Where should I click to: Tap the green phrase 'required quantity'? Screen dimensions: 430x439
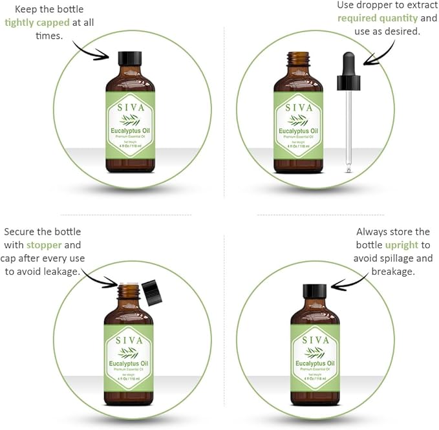pos(378,18)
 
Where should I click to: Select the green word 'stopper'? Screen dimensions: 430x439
pos(44,245)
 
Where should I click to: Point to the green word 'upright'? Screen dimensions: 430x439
pos(402,245)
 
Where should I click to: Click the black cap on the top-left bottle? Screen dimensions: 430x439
pos(130,58)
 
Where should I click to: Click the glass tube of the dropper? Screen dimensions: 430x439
pos(348,129)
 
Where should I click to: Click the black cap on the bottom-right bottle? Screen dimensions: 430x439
pos(315,291)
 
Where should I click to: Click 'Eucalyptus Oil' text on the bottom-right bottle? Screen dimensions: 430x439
pos(315,365)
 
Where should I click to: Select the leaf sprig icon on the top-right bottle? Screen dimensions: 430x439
pos(298,120)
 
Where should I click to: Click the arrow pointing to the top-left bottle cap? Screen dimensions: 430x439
pos(91,50)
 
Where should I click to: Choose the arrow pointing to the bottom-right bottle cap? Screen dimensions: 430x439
pos(350,283)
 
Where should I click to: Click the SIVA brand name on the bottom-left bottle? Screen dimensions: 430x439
pos(129,339)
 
